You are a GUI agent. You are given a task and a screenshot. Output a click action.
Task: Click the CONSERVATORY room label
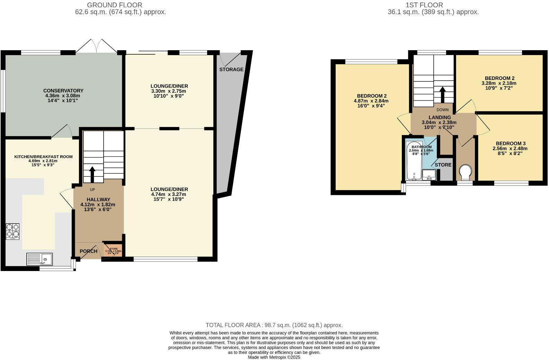[63, 91]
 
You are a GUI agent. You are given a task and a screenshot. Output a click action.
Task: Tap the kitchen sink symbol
[40, 259]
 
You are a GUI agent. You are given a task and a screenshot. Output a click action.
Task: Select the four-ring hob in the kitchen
[12, 231]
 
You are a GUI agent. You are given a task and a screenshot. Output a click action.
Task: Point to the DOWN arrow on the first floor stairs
[442, 94]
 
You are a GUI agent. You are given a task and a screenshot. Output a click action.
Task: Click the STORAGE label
[231, 70]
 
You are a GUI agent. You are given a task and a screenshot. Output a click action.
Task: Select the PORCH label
[88, 251]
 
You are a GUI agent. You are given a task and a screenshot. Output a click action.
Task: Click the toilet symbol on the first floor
[465, 172]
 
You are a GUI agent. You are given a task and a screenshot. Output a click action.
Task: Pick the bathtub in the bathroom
[414, 161]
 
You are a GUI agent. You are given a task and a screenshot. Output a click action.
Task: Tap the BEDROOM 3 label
[511, 143]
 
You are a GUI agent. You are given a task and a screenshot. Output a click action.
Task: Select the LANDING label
[440, 117]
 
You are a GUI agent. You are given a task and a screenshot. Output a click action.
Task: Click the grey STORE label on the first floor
[443, 165]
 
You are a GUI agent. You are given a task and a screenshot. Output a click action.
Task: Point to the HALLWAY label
[98, 199]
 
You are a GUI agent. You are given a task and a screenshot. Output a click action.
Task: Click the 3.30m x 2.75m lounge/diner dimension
[169, 91]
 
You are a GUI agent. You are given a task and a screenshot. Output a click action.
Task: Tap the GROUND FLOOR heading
[114, 5]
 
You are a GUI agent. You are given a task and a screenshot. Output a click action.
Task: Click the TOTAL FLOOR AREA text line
[274, 325]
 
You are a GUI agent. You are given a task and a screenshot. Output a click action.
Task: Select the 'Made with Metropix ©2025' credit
[274, 357]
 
